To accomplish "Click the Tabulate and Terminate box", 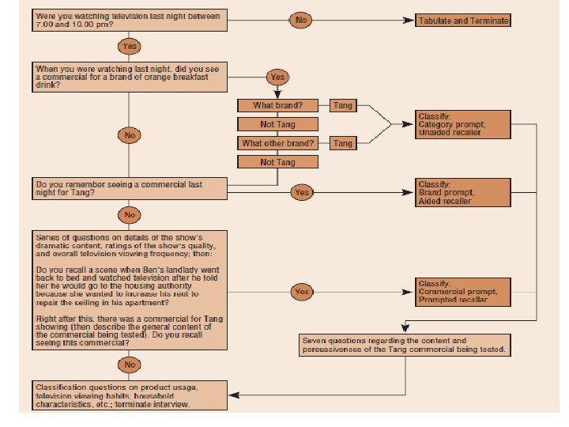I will tap(463, 20).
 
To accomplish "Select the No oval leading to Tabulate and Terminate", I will tap(302, 19).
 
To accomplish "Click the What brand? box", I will tap(278, 105).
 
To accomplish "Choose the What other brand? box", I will tap(278, 143).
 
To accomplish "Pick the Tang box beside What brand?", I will tap(343, 105).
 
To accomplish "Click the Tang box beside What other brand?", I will tap(343, 143).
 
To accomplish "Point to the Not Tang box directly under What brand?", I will tap(278, 124).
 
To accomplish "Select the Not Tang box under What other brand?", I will tap(278, 162).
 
